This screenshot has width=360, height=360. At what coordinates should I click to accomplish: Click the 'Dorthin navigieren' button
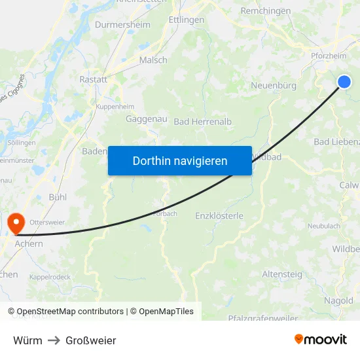(x=180, y=160)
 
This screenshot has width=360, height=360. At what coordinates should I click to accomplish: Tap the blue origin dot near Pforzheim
(x=344, y=81)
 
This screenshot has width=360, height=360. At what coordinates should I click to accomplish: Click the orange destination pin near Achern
(x=14, y=223)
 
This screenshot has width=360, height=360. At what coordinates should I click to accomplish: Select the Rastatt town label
(x=93, y=79)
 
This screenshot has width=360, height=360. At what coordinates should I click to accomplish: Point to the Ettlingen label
(x=187, y=20)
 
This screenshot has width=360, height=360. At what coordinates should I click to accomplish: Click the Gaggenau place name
(x=147, y=119)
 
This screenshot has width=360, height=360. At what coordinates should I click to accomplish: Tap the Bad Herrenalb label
(x=203, y=122)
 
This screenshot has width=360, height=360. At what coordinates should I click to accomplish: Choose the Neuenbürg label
(x=274, y=86)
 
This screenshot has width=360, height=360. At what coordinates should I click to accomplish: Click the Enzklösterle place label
(x=219, y=215)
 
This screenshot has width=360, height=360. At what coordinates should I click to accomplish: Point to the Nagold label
(x=338, y=300)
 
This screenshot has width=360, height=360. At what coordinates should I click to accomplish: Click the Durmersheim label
(x=122, y=25)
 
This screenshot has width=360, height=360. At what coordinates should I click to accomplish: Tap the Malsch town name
(x=153, y=60)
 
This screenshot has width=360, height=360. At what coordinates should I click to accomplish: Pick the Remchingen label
(x=266, y=11)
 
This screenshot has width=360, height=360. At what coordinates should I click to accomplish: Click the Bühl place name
(x=58, y=197)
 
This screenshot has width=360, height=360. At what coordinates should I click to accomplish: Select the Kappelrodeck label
(x=50, y=277)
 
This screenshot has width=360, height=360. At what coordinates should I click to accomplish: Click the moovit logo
(x=320, y=339)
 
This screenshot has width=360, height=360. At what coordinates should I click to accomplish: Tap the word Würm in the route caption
(x=27, y=340)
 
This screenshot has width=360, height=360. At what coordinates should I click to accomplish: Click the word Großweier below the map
(x=90, y=340)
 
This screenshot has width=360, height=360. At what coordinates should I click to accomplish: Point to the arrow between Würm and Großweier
(x=54, y=340)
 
